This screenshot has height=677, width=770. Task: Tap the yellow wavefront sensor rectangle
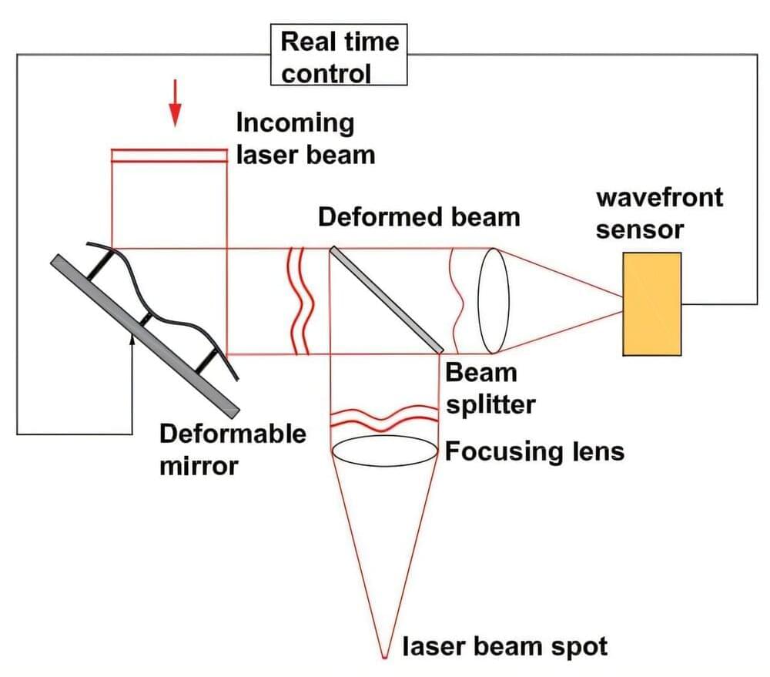tap(652, 304)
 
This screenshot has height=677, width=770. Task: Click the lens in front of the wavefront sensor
tap(493, 301)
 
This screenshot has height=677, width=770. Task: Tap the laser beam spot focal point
tap(385, 656)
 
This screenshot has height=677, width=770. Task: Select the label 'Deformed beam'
tap(419, 216)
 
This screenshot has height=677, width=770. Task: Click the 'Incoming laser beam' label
tap(305, 139)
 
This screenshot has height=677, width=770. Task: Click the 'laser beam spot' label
tap(505, 645)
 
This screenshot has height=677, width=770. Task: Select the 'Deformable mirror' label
tap(232, 449)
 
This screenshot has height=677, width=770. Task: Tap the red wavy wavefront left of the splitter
tap(301, 301)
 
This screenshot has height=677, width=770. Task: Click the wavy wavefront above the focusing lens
tap(385, 418)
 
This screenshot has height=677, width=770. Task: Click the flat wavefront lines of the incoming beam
tap(170, 156)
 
